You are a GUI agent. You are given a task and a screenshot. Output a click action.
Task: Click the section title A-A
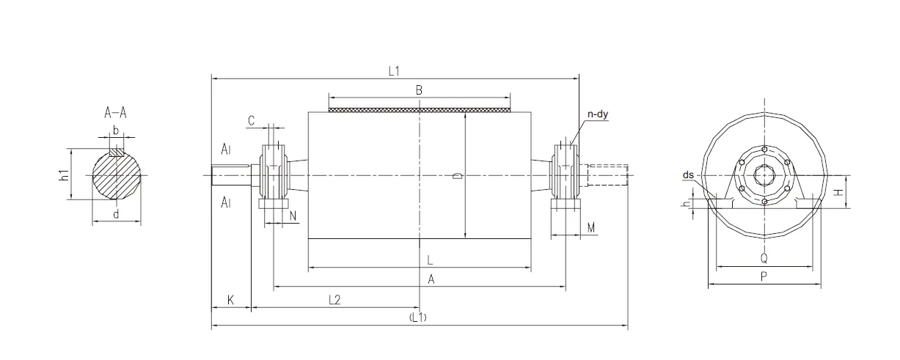116,113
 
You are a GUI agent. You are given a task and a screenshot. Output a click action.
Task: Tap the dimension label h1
65,175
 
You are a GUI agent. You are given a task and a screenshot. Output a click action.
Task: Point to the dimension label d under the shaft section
116,214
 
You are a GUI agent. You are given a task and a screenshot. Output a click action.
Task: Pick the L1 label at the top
394,70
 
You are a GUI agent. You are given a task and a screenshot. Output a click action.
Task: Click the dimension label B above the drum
419,90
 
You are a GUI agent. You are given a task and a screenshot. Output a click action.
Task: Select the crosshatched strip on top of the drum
419,110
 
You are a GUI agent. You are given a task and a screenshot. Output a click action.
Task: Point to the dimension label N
293,216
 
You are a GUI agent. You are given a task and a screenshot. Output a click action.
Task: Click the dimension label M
591,228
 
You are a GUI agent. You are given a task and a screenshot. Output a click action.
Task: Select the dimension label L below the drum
430,260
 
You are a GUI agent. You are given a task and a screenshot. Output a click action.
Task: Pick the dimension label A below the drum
431,279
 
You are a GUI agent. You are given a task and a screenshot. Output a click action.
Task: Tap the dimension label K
230,300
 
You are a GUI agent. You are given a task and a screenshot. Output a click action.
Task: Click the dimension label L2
334,299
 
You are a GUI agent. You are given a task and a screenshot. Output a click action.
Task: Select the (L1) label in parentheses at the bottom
419,317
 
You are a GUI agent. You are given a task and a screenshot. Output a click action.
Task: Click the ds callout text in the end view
688,175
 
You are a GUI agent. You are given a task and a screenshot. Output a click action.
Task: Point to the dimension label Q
764,258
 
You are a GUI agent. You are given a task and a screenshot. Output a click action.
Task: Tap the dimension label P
764,276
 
